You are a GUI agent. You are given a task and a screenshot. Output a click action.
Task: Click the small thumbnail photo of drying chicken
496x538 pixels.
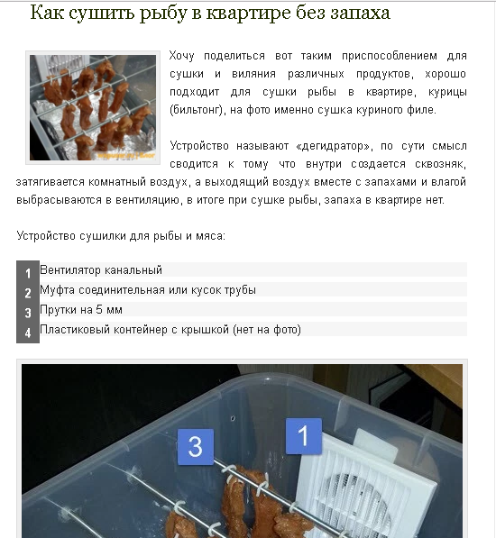pos(93,108)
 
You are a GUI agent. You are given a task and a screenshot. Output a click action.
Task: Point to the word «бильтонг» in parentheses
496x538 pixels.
pos(197,110)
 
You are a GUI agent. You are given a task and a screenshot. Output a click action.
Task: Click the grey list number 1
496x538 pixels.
pos(28,273)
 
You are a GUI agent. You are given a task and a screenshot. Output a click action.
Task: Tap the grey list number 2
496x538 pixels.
pos(28,293)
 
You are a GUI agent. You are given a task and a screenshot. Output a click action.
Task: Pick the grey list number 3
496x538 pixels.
pos(28,313)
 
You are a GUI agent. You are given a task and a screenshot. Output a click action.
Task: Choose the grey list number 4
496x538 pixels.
pos(28,333)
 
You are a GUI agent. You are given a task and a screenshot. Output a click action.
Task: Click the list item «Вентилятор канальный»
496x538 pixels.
pos(101,270)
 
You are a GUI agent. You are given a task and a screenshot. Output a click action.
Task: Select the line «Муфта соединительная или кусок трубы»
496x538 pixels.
pos(148,290)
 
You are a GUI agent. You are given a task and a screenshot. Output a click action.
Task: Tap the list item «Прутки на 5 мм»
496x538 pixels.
pos(81,310)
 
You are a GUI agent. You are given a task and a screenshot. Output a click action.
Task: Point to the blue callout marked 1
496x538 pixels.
pos(304,436)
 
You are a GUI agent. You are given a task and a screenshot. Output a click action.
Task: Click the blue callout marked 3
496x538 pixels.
pos(196,447)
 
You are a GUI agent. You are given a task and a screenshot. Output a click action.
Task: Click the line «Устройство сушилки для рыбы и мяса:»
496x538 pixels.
pos(121,236)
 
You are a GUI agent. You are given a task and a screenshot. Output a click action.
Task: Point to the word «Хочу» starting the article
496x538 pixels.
pos(182,56)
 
